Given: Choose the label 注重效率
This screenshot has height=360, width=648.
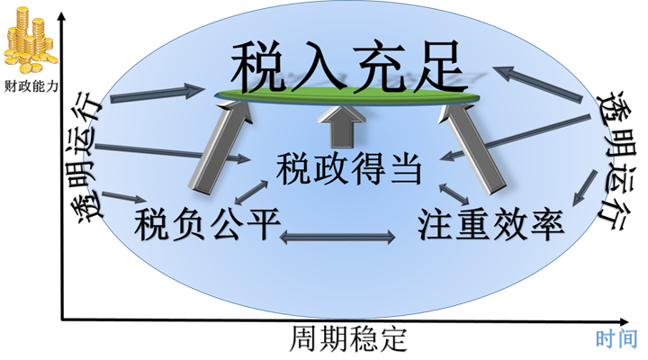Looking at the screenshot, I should click(491, 222).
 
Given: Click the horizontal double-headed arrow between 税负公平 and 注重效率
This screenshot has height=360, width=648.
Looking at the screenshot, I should click(338, 237).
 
